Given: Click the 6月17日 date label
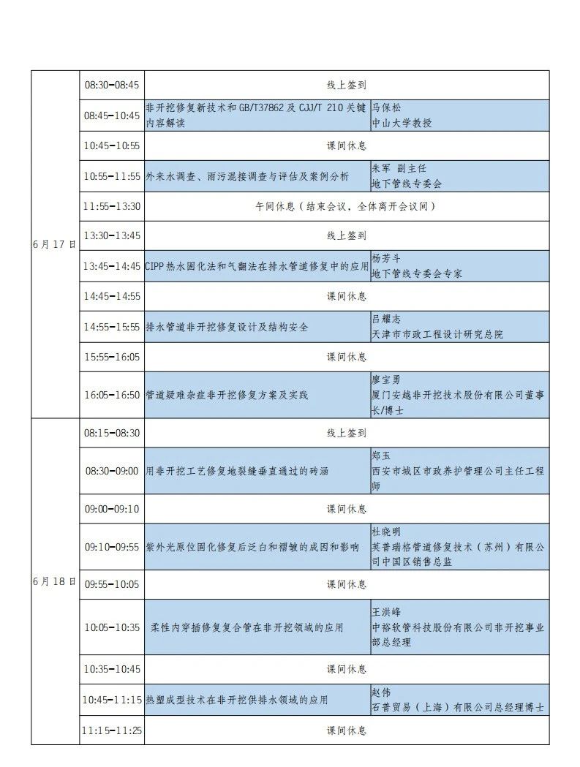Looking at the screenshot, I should tap(54, 244).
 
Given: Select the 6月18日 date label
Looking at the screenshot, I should tap(54, 581).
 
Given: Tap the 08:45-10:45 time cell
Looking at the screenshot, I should tap(111, 116).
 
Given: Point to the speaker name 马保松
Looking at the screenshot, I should tap(388, 108).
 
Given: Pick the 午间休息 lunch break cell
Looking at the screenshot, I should tap(346, 206).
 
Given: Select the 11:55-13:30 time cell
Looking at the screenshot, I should tap(111, 206).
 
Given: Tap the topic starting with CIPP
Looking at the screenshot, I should tap(257, 266).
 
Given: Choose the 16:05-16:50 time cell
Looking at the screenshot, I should tap(111, 395).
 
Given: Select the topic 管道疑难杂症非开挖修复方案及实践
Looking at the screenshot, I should tap(227, 395).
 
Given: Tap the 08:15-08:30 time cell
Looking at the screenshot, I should tap(111, 433).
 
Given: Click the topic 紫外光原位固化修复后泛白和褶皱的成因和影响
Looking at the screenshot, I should tap(252, 546).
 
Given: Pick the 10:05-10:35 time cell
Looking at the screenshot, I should tap(111, 627).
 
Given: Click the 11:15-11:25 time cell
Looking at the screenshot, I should tap(111, 730).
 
